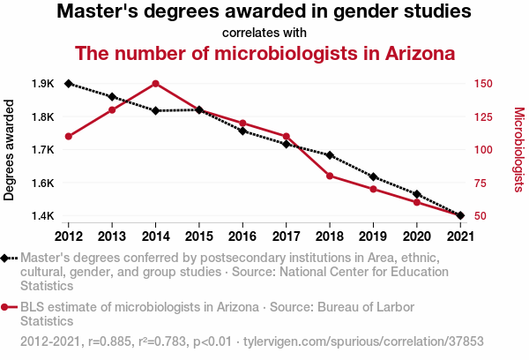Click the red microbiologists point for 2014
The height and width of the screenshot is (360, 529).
click(x=155, y=84)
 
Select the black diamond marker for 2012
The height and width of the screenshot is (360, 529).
click(x=69, y=84)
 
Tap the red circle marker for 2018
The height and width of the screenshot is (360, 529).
click(x=330, y=176)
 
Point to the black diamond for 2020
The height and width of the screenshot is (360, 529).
click(x=416, y=194)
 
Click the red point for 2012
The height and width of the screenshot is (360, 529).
click(x=69, y=136)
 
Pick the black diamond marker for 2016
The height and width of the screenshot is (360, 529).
click(x=242, y=131)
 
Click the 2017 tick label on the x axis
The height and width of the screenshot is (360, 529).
click(x=286, y=236)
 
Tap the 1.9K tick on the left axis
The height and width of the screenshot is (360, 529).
click(x=42, y=84)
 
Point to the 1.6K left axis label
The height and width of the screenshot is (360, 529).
click(x=42, y=183)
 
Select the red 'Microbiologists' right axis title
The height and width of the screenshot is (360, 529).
click(x=519, y=150)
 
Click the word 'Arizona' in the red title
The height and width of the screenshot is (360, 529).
click(x=414, y=53)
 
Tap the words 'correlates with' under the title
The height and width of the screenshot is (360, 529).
click(x=264, y=33)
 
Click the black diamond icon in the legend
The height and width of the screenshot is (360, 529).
click(x=7, y=258)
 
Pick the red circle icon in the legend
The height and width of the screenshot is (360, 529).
click(x=7, y=307)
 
